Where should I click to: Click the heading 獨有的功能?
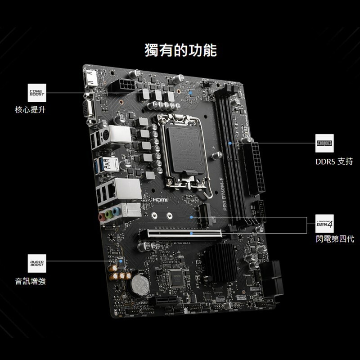[180, 49]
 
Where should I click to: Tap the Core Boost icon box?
[36, 93]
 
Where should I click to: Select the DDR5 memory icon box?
[324, 143]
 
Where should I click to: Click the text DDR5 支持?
[333, 161]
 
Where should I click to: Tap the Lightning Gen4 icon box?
[324, 223]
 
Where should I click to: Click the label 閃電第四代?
[334, 239]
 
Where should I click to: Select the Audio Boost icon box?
[36, 264]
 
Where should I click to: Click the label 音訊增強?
[30, 281]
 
